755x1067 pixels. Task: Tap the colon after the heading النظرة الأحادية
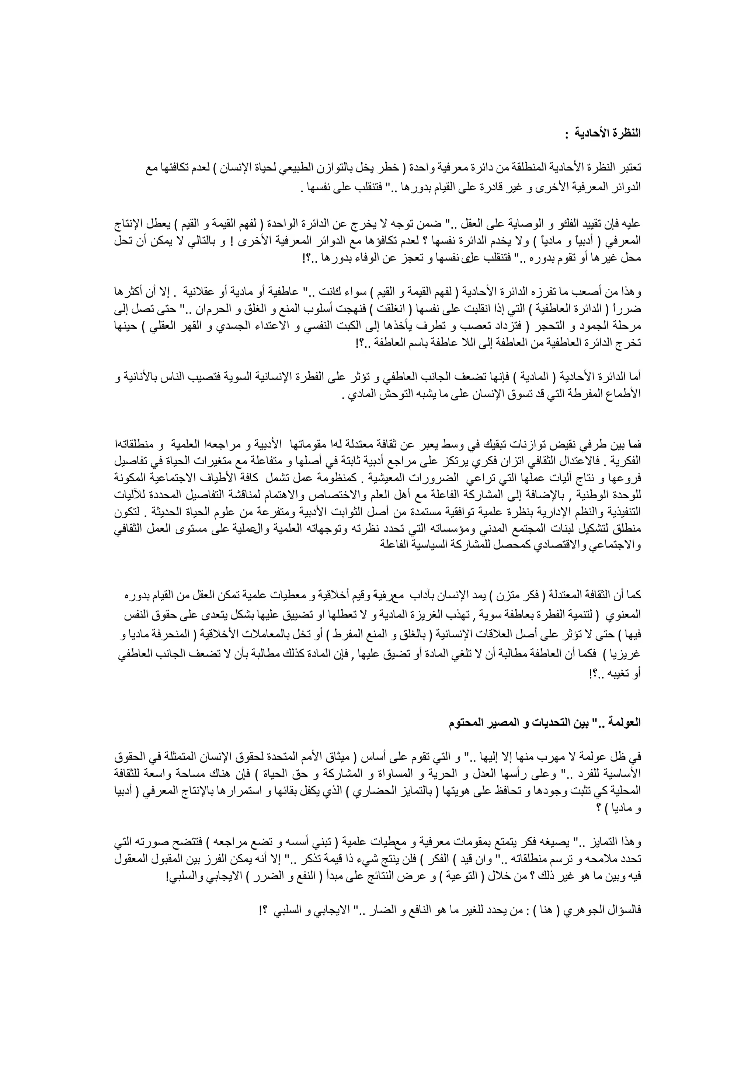click(x=567, y=134)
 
